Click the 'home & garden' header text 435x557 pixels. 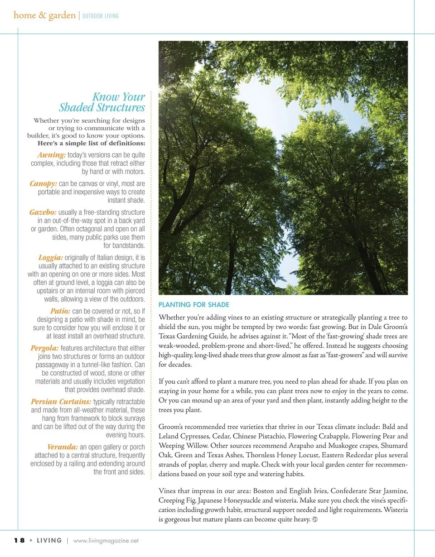pyautogui.click(x=44, y=15)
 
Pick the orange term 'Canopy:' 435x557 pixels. pyautogui.click(x=43, y=183)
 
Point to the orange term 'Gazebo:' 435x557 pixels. pyautogui.click(x=43, y=212)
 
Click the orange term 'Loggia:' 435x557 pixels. pyautogui.click(x=51, y=258)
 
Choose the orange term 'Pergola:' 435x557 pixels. pyautogui.click(x=44, y=348)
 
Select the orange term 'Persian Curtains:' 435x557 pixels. pyautogui.click(x=61, y=402)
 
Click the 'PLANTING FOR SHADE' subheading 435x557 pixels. pyautogui.click(x=193, y=305)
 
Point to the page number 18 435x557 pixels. pyautogui.click(x=19, y=540)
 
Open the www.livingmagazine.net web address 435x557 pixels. pyautogui.click(x=106, y=541)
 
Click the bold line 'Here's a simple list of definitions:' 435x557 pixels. pyautogui.click(x=91, y=144)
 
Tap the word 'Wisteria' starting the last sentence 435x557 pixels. pyautogui.click(x=396, y=510)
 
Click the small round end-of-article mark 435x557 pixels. pyautogui.click(x=314, y=519)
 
